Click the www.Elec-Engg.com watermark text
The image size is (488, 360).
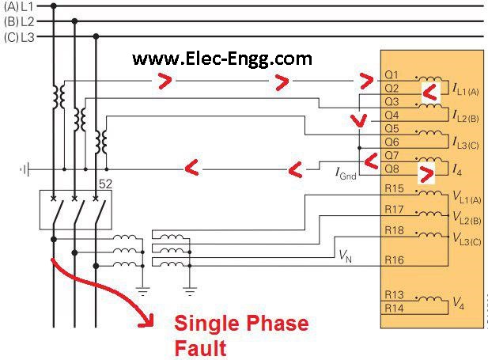[x=221, y=59]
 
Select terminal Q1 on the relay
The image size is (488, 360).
[x=392, y=76]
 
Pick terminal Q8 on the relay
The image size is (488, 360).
[x=392, y=169]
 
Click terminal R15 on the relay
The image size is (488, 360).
[x=394, y=190]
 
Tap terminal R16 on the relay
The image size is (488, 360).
[x=394, y=260]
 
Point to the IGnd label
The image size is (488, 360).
[x=346, y=172]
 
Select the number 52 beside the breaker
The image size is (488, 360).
[x=105, y=184]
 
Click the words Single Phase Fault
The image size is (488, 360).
[x=241, y=335]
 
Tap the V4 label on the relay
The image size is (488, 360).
[x=458, y=303]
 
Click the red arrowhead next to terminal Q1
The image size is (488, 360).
[x=366, y=80]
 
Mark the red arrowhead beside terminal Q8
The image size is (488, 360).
[x=426, y=170]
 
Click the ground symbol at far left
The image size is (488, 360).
[x=25, y=169]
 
